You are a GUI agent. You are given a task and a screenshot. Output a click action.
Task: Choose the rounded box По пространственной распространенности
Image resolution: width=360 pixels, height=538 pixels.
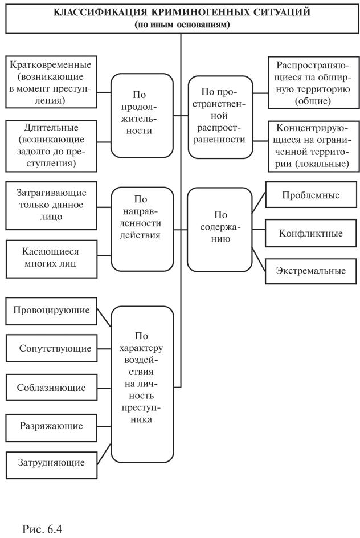point(219,114)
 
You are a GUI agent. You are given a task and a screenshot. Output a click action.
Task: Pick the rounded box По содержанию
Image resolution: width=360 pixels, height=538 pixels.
point(219,229)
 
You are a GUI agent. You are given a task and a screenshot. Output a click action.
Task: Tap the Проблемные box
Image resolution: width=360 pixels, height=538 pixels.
point(311,195)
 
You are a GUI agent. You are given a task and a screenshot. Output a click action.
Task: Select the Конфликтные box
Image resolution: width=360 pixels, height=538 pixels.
point(311,233)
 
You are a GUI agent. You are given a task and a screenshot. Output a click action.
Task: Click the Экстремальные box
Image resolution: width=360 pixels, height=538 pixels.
point(311,271)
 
